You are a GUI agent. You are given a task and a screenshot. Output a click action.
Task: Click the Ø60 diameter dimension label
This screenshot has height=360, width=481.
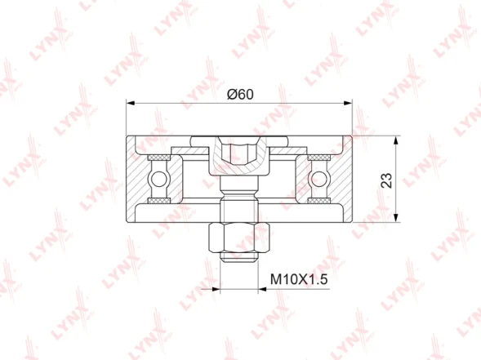click(x=240, y=94)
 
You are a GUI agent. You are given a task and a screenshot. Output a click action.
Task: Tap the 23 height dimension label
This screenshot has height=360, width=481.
click(x=386, y=180)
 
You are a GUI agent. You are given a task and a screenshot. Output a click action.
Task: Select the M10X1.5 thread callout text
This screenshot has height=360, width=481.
click(x=299, y=279)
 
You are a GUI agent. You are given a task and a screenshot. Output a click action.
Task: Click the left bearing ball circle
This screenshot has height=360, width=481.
click(x=159, y=180)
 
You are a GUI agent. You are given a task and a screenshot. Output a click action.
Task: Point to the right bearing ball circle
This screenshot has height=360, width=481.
click(x=319, y=180)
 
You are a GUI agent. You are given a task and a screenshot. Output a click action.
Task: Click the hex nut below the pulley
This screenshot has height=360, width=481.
click(x=239, y=238)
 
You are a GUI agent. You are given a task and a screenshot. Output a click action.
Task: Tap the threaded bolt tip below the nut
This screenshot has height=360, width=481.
click(x=239, y=257)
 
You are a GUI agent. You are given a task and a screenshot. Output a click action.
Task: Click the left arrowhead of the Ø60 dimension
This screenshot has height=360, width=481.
click(x=131, y=104)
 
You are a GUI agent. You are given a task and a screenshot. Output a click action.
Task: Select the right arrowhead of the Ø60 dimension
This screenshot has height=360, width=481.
click(x=348, y=104)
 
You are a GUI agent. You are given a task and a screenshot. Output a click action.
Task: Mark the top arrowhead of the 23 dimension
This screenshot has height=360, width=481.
click(x=396, y=140)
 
